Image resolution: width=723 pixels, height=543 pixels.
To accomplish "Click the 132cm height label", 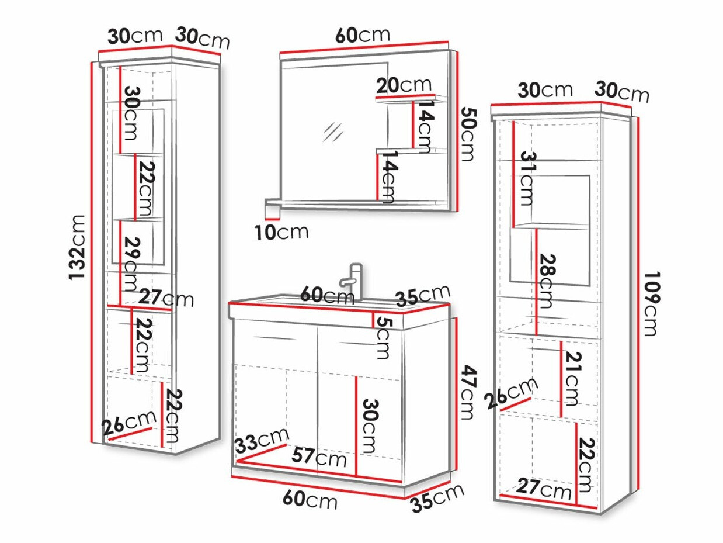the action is [x=77, y=248].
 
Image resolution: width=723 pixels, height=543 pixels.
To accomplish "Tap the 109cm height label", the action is [x=651, y=303].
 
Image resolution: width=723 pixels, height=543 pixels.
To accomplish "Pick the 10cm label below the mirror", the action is [x=281, y=232].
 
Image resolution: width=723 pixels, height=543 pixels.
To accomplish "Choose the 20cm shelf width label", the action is [x=404, y=85].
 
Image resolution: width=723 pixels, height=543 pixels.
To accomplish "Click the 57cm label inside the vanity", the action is [x=319, y=457].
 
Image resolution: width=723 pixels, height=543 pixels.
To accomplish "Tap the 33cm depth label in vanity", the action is [x=262, y=440].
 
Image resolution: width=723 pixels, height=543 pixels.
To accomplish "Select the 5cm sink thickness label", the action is [x=383, y=337].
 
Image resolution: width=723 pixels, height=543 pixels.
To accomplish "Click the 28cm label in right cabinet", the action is [x=547, y=281].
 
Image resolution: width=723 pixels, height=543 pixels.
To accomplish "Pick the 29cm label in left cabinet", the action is [x=132, y=264].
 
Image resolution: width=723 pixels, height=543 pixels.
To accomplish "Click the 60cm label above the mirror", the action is [x=363, y=35].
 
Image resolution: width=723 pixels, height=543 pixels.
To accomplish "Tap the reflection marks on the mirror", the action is [x=333, y=132].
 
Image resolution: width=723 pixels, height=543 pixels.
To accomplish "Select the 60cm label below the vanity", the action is [x=310, y=500].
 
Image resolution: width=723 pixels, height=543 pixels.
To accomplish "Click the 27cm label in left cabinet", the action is [x=166, y=298].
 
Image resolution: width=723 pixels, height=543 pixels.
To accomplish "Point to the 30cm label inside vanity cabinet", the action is [x=370, y=426].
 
